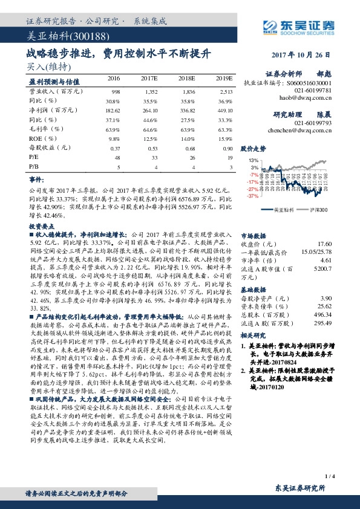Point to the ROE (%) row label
(41, 138)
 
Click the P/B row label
(34, 167)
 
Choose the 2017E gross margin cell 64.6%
(150, 129)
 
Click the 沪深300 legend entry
(310, 209)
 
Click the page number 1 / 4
(329, 476)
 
